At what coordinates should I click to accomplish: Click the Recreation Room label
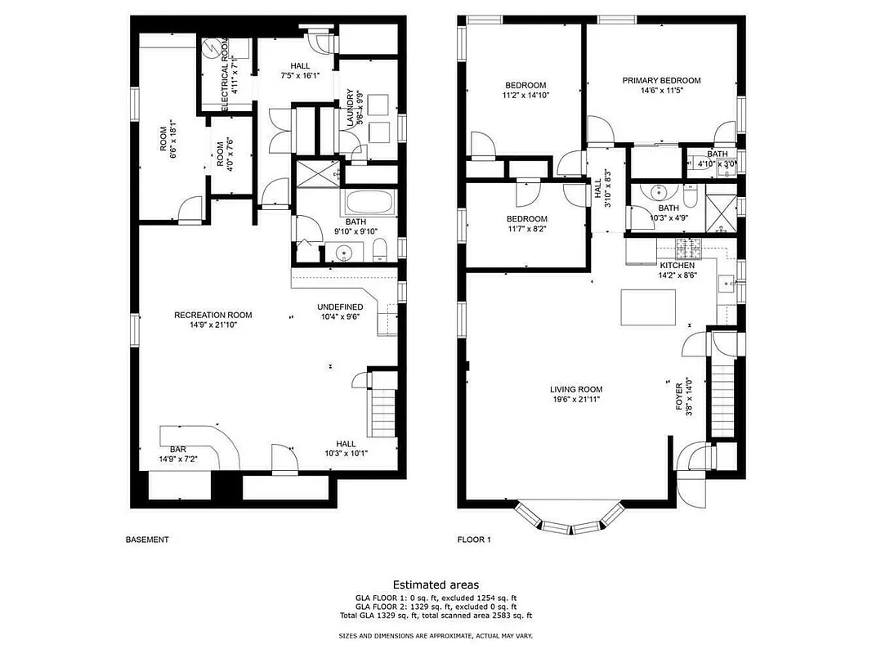click(x=212, y=315)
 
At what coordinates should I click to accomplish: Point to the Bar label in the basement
click(x=178, y=450)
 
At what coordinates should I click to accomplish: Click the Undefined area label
click(x=340, y=307)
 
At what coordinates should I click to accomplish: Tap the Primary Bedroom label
click(x=661, y=80)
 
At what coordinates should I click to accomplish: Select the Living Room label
click(x=576, y=389)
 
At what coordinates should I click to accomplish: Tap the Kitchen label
click(x=677, y=266)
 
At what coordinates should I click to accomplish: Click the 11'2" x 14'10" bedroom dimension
click(x=525, y=96)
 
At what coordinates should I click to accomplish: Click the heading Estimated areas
click(x=436, y=585)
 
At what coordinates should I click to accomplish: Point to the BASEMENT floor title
click(x=147, y=540)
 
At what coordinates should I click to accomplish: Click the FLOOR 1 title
click(x=474, y=540)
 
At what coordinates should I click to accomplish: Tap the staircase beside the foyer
click(x=722, y=401)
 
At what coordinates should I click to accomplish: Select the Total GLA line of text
click(x=436, y=616)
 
